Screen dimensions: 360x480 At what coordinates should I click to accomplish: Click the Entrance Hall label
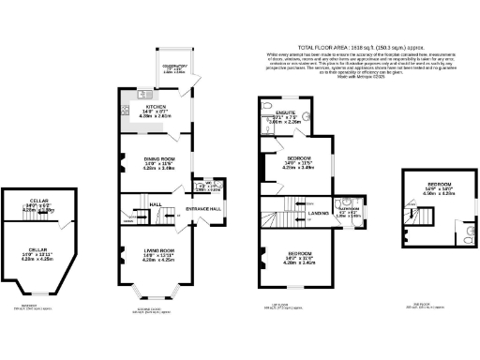point(203,208)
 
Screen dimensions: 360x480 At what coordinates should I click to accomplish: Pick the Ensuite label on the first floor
point(283,116)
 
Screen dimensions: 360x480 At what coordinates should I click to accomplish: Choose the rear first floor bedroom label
point(299,160)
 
